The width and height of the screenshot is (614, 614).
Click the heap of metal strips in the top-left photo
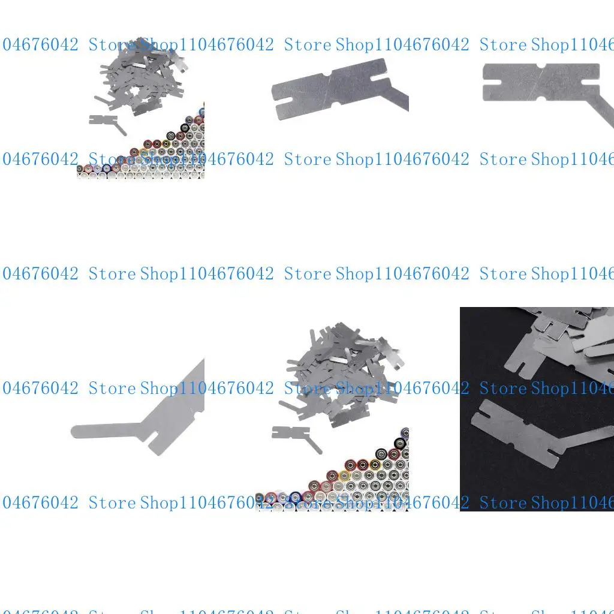tap(141, 75)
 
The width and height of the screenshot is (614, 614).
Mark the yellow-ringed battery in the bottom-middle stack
tap(344, 475)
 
